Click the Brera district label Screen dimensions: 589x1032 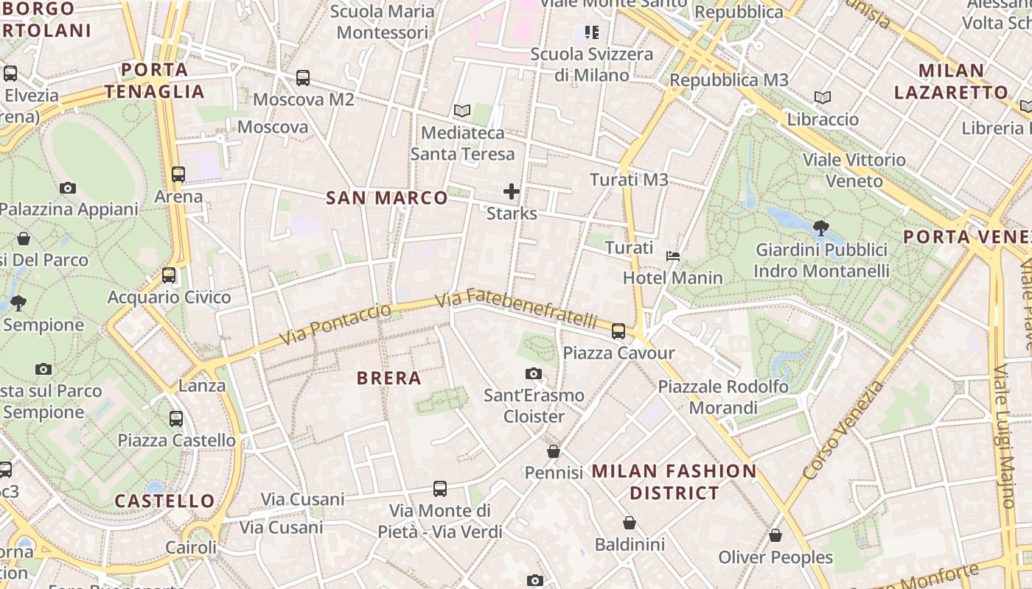(x=388, y=378)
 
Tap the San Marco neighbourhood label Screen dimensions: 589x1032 (x=386, y=198)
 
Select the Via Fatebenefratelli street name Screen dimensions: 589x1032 (x=515, y=310)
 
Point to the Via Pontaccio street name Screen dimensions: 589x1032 (x=335, y=324)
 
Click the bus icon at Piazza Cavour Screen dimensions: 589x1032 (x=618, y=331)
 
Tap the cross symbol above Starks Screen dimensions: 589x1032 (x=511, y=192)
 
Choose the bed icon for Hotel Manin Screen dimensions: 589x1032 (x=672, y=256)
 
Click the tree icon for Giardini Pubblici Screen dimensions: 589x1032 (x=820, y=228)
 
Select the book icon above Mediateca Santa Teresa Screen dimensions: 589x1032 (x=462, y=111)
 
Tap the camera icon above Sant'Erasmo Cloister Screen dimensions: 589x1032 (x=534, y=374)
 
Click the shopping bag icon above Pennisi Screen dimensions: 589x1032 (x=554, y=451)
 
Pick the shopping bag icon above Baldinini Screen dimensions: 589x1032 (x=630, y=523)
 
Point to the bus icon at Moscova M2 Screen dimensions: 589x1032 (x=303, y=78)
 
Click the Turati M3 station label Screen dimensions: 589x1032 (x=629, y=180)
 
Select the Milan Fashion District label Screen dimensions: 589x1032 (x=674, y=482)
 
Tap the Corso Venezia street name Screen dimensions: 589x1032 (x=843, y=431)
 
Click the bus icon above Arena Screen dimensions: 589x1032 (x=178, y=174)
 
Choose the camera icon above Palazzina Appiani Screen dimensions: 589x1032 (x=68, y=188)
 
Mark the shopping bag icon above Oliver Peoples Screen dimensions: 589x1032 (x=775, y=536)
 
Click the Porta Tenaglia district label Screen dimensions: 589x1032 (x=154, y=81)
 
